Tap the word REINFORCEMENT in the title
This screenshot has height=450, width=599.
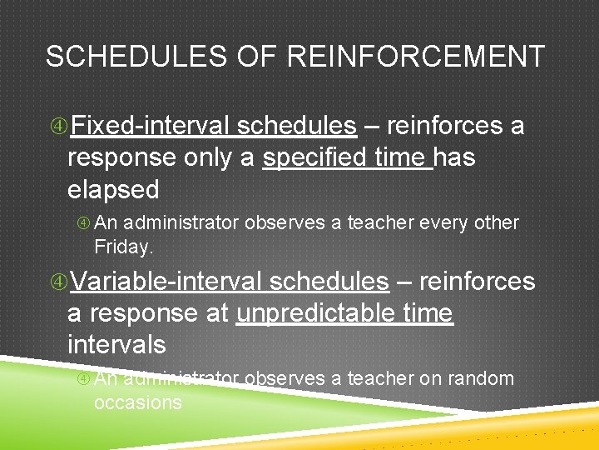(416, 57)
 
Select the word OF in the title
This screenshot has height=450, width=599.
(259, 57)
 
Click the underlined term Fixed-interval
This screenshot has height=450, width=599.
(151, 126)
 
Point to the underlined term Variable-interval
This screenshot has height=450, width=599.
(166, 282)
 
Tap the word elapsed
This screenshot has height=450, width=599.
(113, 189)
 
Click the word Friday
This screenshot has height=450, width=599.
(124, 247)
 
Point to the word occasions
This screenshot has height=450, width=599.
(137, 402)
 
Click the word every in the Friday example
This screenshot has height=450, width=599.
(439, 223)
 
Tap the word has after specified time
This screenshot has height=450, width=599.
(454, 157)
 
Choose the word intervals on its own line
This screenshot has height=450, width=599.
(116, 344)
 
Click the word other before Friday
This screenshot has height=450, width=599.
(496, 223)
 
